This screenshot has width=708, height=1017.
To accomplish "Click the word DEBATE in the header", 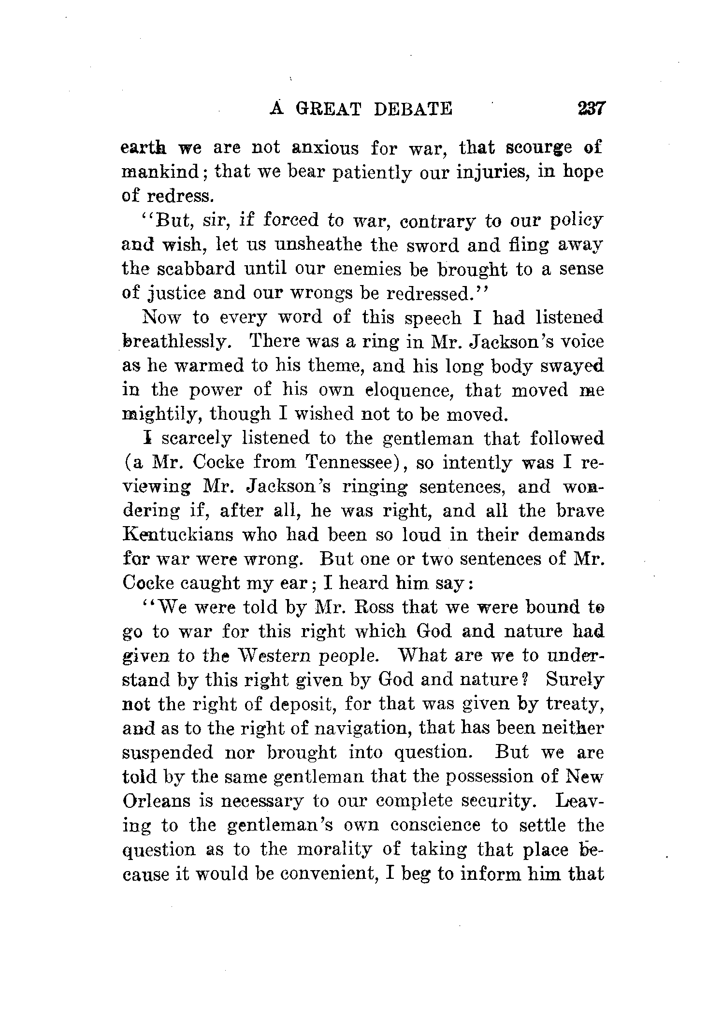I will click(414, 109).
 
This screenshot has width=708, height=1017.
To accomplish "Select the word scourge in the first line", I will click(538, 148).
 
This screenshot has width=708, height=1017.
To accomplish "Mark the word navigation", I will click(364, 729).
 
